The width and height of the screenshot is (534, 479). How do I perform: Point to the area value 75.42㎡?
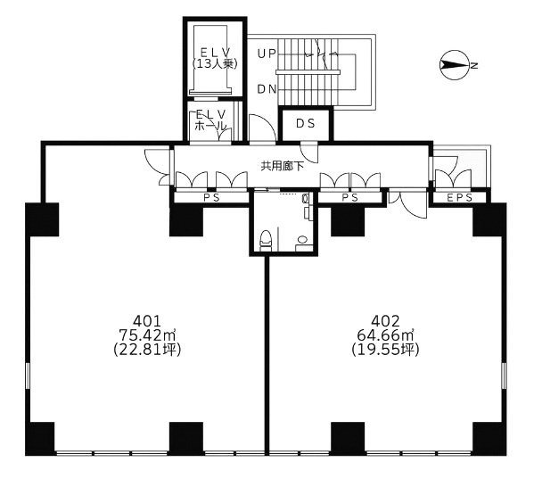[x=147, y=335]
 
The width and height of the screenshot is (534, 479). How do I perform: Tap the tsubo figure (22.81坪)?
[x=147, y=350]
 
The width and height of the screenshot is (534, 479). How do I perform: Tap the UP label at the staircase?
[x=266, y=54]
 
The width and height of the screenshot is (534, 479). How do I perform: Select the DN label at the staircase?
[x=266, y=89]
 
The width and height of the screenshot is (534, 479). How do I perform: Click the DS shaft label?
[x=306, y=124]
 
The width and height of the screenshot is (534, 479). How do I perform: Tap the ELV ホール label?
[x=212, y=120]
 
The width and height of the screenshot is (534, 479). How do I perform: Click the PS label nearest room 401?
[x=211, y=198]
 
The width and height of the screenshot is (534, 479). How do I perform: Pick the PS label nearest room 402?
[x=350, y=198]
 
